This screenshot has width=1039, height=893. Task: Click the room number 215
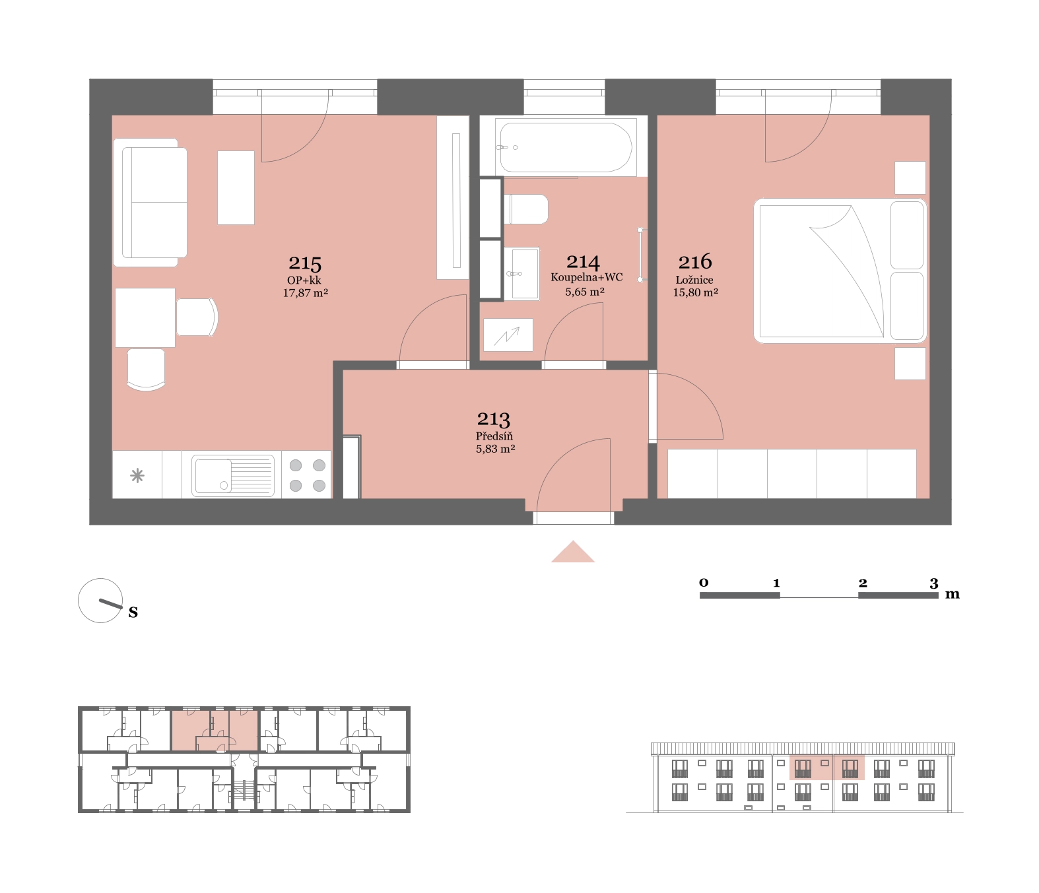pos(304,263)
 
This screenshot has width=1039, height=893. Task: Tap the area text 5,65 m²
pos(585,292)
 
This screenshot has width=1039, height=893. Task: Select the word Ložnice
pos(694,281)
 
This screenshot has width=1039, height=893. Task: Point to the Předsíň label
pos(494,436)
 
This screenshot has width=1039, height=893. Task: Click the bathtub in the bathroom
pos(566,147)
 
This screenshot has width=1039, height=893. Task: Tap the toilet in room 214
pos(526,209)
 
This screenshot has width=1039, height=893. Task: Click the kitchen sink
pos(233,475)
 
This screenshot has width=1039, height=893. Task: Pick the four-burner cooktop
pos(307,475)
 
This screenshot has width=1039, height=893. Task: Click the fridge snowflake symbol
pos(137,475)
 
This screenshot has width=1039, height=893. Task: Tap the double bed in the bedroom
pos(840,271)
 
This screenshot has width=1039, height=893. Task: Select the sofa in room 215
pos(151,203)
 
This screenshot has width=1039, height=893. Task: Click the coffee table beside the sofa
pos(236,187)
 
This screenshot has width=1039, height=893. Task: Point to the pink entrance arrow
pos(573,552)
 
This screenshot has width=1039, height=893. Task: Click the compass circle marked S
pos(100,601)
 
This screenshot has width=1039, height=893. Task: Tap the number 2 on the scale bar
pos(863,583)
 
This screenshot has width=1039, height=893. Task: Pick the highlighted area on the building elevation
pos(827,768)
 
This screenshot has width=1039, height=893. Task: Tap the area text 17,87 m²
pos(305,293)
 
